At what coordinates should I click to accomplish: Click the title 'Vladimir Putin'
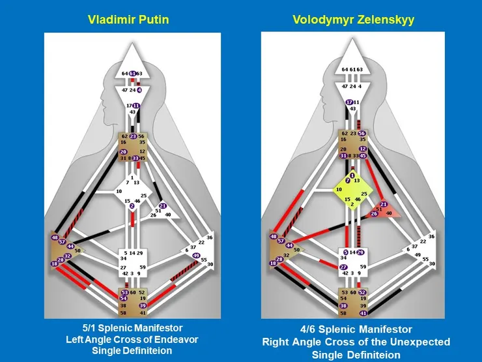tap(128, 20)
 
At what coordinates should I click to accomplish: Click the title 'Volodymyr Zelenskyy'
tap(354, 20)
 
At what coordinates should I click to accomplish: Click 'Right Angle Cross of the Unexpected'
tap(356, 341)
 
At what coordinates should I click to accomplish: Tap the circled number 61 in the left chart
tap(132, 73)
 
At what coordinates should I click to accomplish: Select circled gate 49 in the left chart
tap(195, 256)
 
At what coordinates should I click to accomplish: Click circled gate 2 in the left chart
tap(132, 206)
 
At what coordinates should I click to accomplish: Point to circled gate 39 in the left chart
tap(143, 305)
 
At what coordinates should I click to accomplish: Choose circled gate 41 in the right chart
tap(362, 313)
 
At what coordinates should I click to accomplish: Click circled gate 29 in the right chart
tap(360, 252)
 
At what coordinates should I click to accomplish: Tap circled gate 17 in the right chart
tap(349, 102)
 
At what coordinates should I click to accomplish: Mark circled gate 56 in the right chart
tap(362, 134)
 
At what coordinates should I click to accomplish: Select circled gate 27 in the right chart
tap(343, 267)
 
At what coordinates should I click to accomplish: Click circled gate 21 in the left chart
tap(163, 206)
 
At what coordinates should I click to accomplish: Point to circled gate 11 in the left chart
tap(136, 106)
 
